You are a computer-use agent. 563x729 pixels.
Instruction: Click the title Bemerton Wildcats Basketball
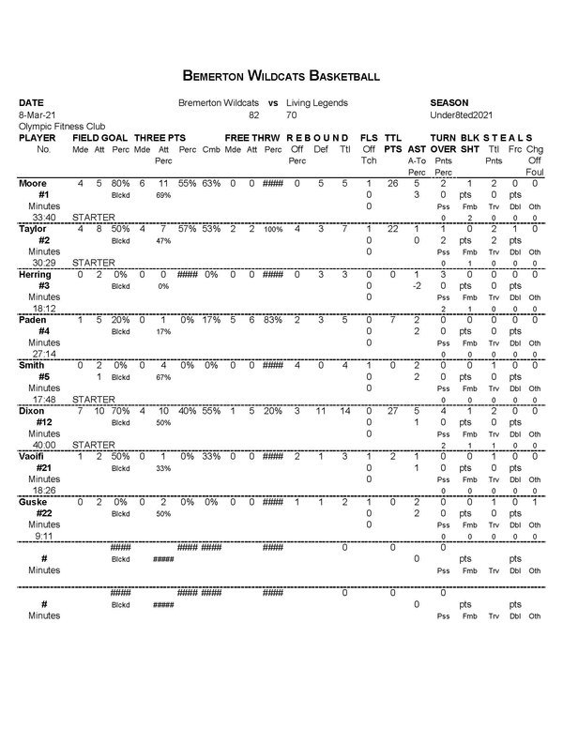(281, 74)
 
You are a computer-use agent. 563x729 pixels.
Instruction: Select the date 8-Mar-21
(37, 114)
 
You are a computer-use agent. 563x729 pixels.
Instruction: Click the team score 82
(253, 114)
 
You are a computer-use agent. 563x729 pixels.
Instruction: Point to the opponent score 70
(292, 114)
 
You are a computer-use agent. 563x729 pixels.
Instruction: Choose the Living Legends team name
(317, 101)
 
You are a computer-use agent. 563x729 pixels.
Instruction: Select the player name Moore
(33, 183)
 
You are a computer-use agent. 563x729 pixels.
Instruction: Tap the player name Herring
(36, 274)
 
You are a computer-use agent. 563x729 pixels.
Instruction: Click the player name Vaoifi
(35, 456)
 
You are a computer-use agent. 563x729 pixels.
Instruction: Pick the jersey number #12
(43, 422)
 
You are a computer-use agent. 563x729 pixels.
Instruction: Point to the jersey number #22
(43, 513)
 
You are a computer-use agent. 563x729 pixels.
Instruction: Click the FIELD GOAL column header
(99, 137)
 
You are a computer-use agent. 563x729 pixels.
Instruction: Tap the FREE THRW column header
(249, 137)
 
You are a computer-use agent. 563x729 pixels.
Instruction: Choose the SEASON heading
(449, 101)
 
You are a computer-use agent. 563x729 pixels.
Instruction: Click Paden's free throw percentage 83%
(272, 320)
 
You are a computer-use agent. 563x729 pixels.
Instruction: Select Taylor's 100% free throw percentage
(272, 229)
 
